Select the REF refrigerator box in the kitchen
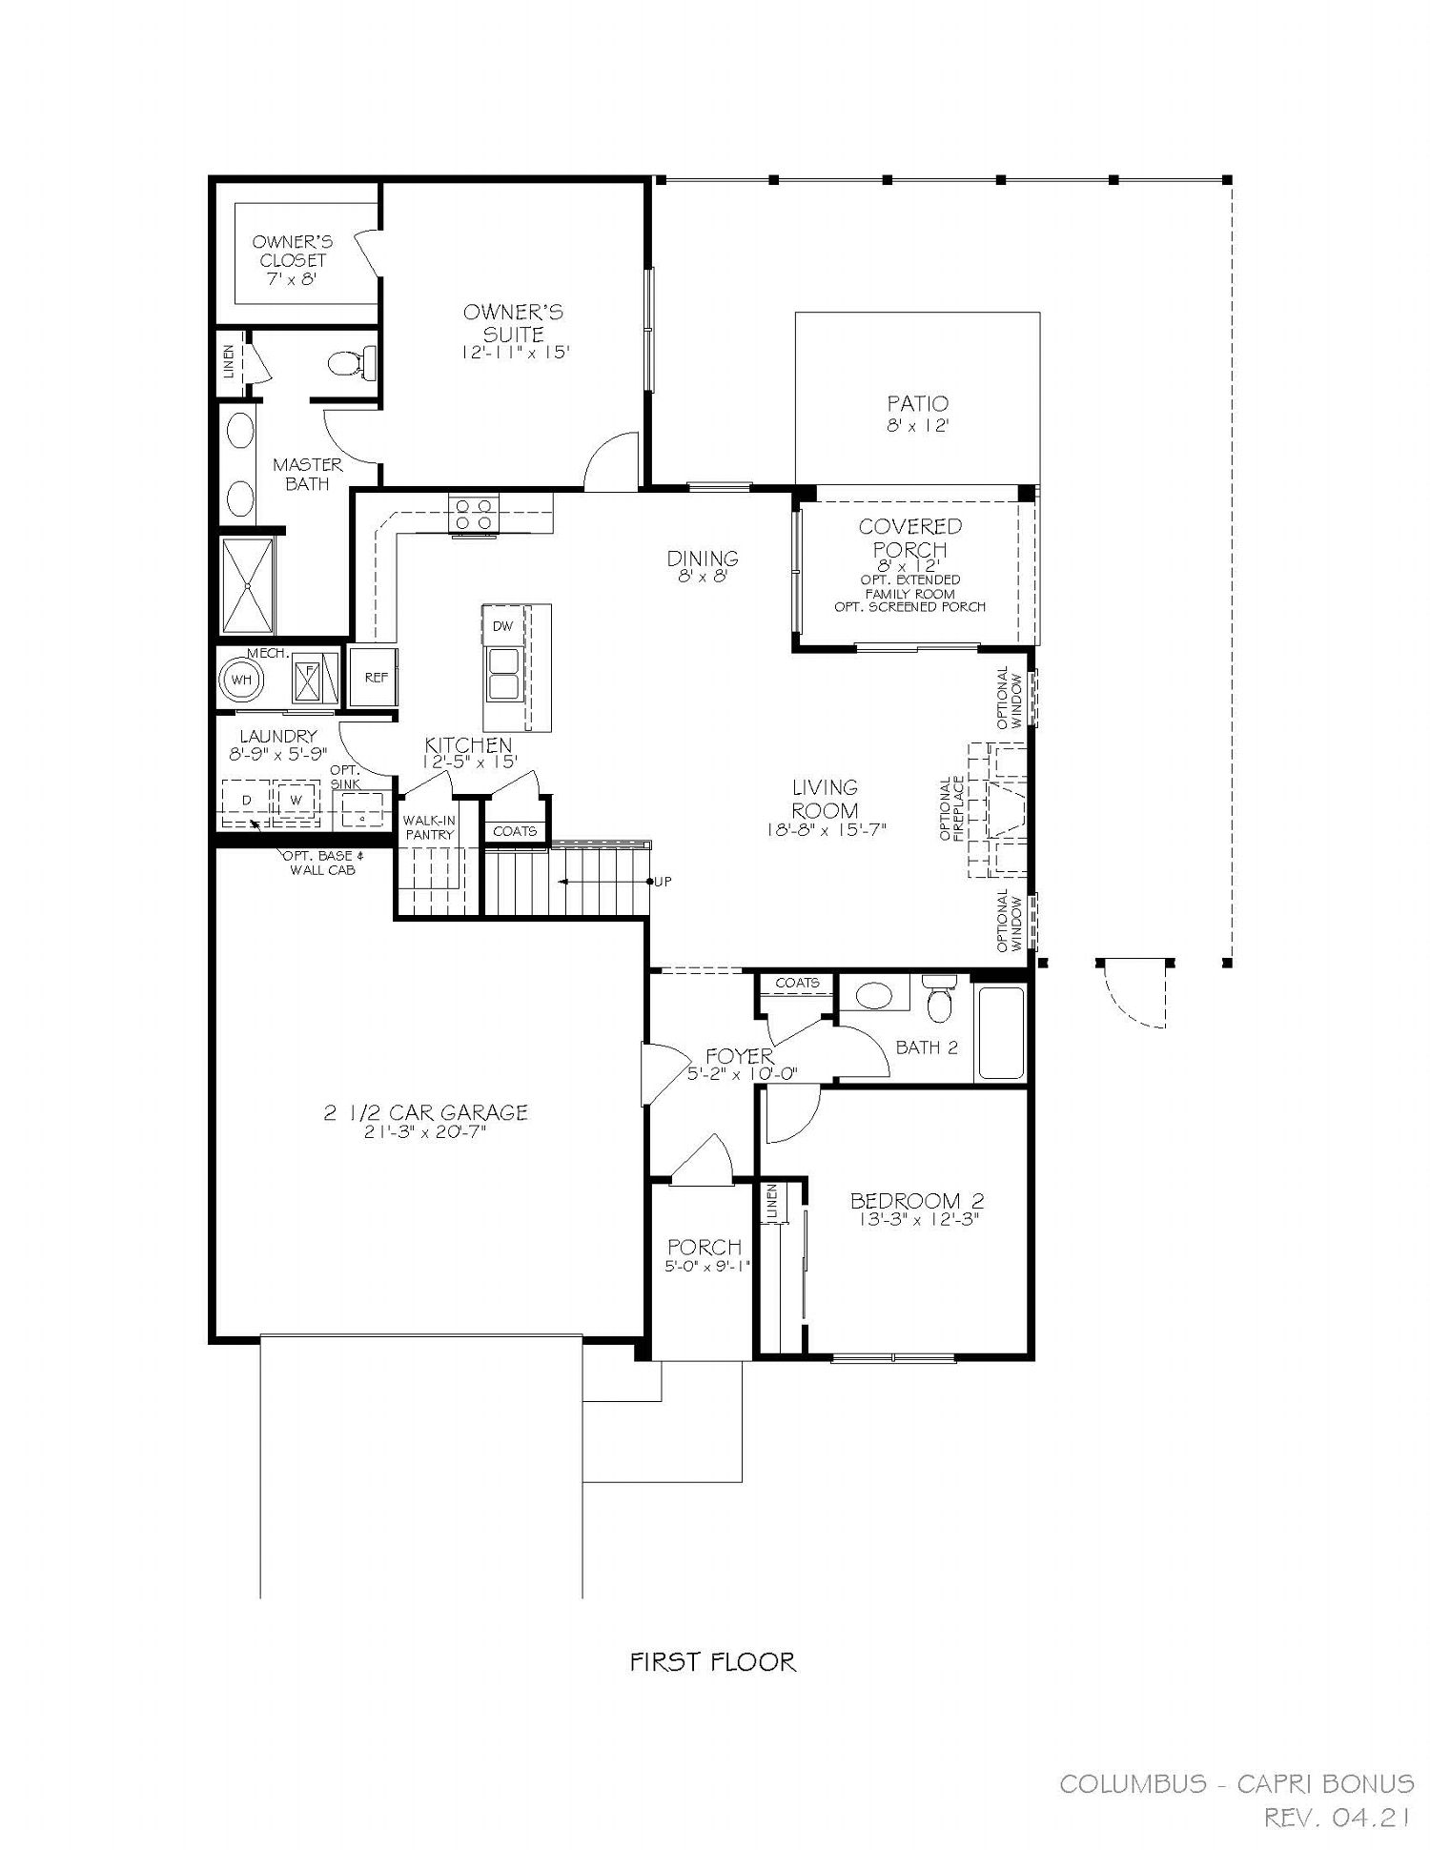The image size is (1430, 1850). [374, 677]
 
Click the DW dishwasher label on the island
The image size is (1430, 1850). [502, 626]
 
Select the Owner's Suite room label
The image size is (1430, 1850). [514, 323]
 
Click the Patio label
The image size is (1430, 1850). [917, 404]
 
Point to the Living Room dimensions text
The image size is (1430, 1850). [826, 829]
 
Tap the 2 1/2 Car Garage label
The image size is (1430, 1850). [425, 1112]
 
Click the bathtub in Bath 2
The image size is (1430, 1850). [1000, 1034]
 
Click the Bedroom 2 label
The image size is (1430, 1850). [917, 1201]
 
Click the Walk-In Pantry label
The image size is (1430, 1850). [429, 827]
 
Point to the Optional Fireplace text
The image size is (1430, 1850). [952, 809]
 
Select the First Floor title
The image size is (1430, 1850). [713, 1661]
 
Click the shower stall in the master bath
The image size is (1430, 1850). [248, 585]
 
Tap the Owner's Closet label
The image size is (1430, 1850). [291, 260]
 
